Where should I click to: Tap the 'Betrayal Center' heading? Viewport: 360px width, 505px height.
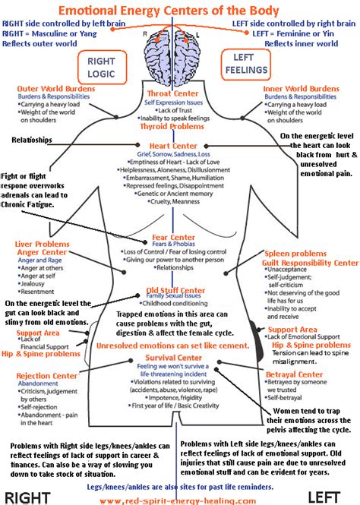coord(299,374)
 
